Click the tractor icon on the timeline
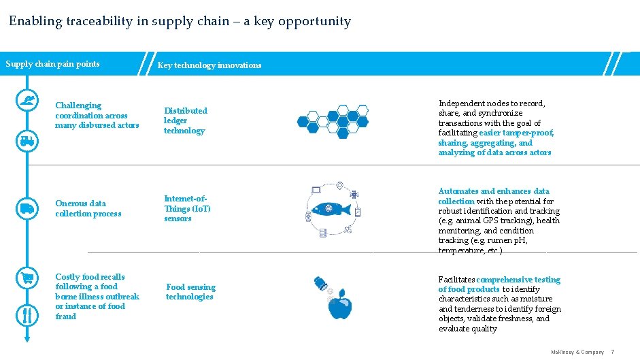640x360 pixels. (x=27, y=140)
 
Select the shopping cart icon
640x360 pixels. (x=27, y=278)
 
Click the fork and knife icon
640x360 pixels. (x=27, y=315)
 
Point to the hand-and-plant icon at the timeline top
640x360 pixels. (x=27, y=100)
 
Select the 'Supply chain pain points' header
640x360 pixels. (x=53, y=65)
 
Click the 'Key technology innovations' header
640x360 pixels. (x=209, y=65)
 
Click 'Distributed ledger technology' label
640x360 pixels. (x=185, y=120)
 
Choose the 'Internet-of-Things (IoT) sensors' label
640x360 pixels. (x=188, y=208)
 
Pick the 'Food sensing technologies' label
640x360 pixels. (x=190, y=292)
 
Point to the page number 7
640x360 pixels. (x=612, y=352)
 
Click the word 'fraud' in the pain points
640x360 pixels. (x=66, y=316)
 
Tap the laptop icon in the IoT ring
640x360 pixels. (x=316, y=190)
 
